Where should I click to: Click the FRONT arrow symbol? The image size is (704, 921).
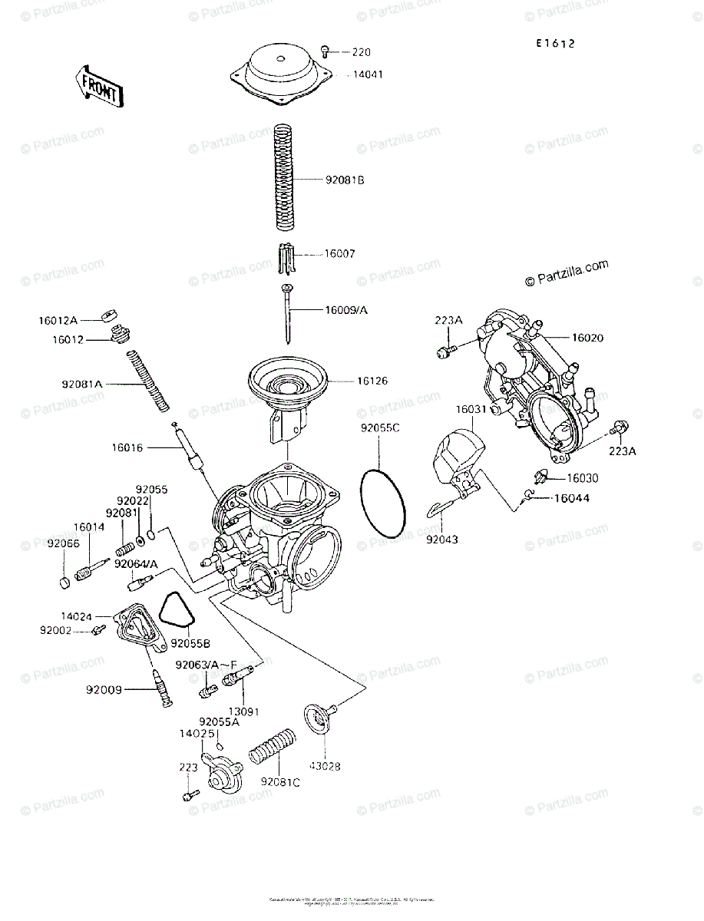(x=99, y=85)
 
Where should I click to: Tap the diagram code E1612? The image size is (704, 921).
(x=556, y=44)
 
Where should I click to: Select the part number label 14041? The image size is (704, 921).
(x=368, y=75)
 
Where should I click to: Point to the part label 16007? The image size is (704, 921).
(x=340, y=253)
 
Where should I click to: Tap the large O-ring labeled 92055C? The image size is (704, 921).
(x=384, y=504)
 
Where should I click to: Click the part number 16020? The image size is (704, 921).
(x=587, y=338)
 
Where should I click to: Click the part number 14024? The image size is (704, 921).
(x=77, y=616)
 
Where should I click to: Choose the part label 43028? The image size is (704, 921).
(x=325, y=766)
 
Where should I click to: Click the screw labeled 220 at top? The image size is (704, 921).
(x=326, y=51)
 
